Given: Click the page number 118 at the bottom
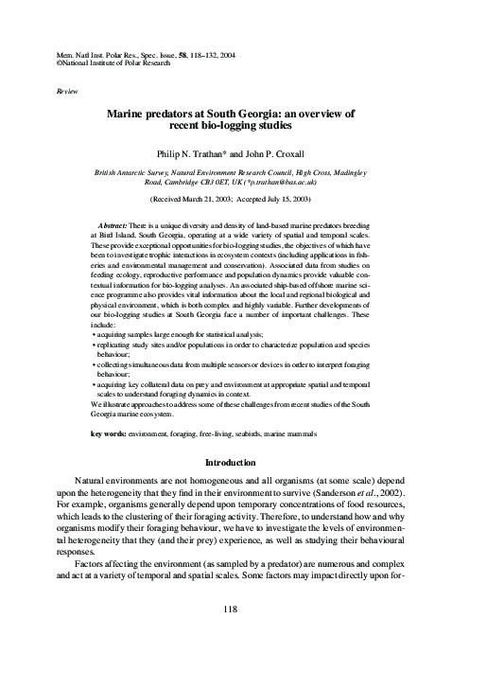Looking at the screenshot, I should [x=243, y=634].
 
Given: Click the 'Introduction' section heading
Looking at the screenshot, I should [x=243, y=462].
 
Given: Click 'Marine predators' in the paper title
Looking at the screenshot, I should [x=175, y=113].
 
